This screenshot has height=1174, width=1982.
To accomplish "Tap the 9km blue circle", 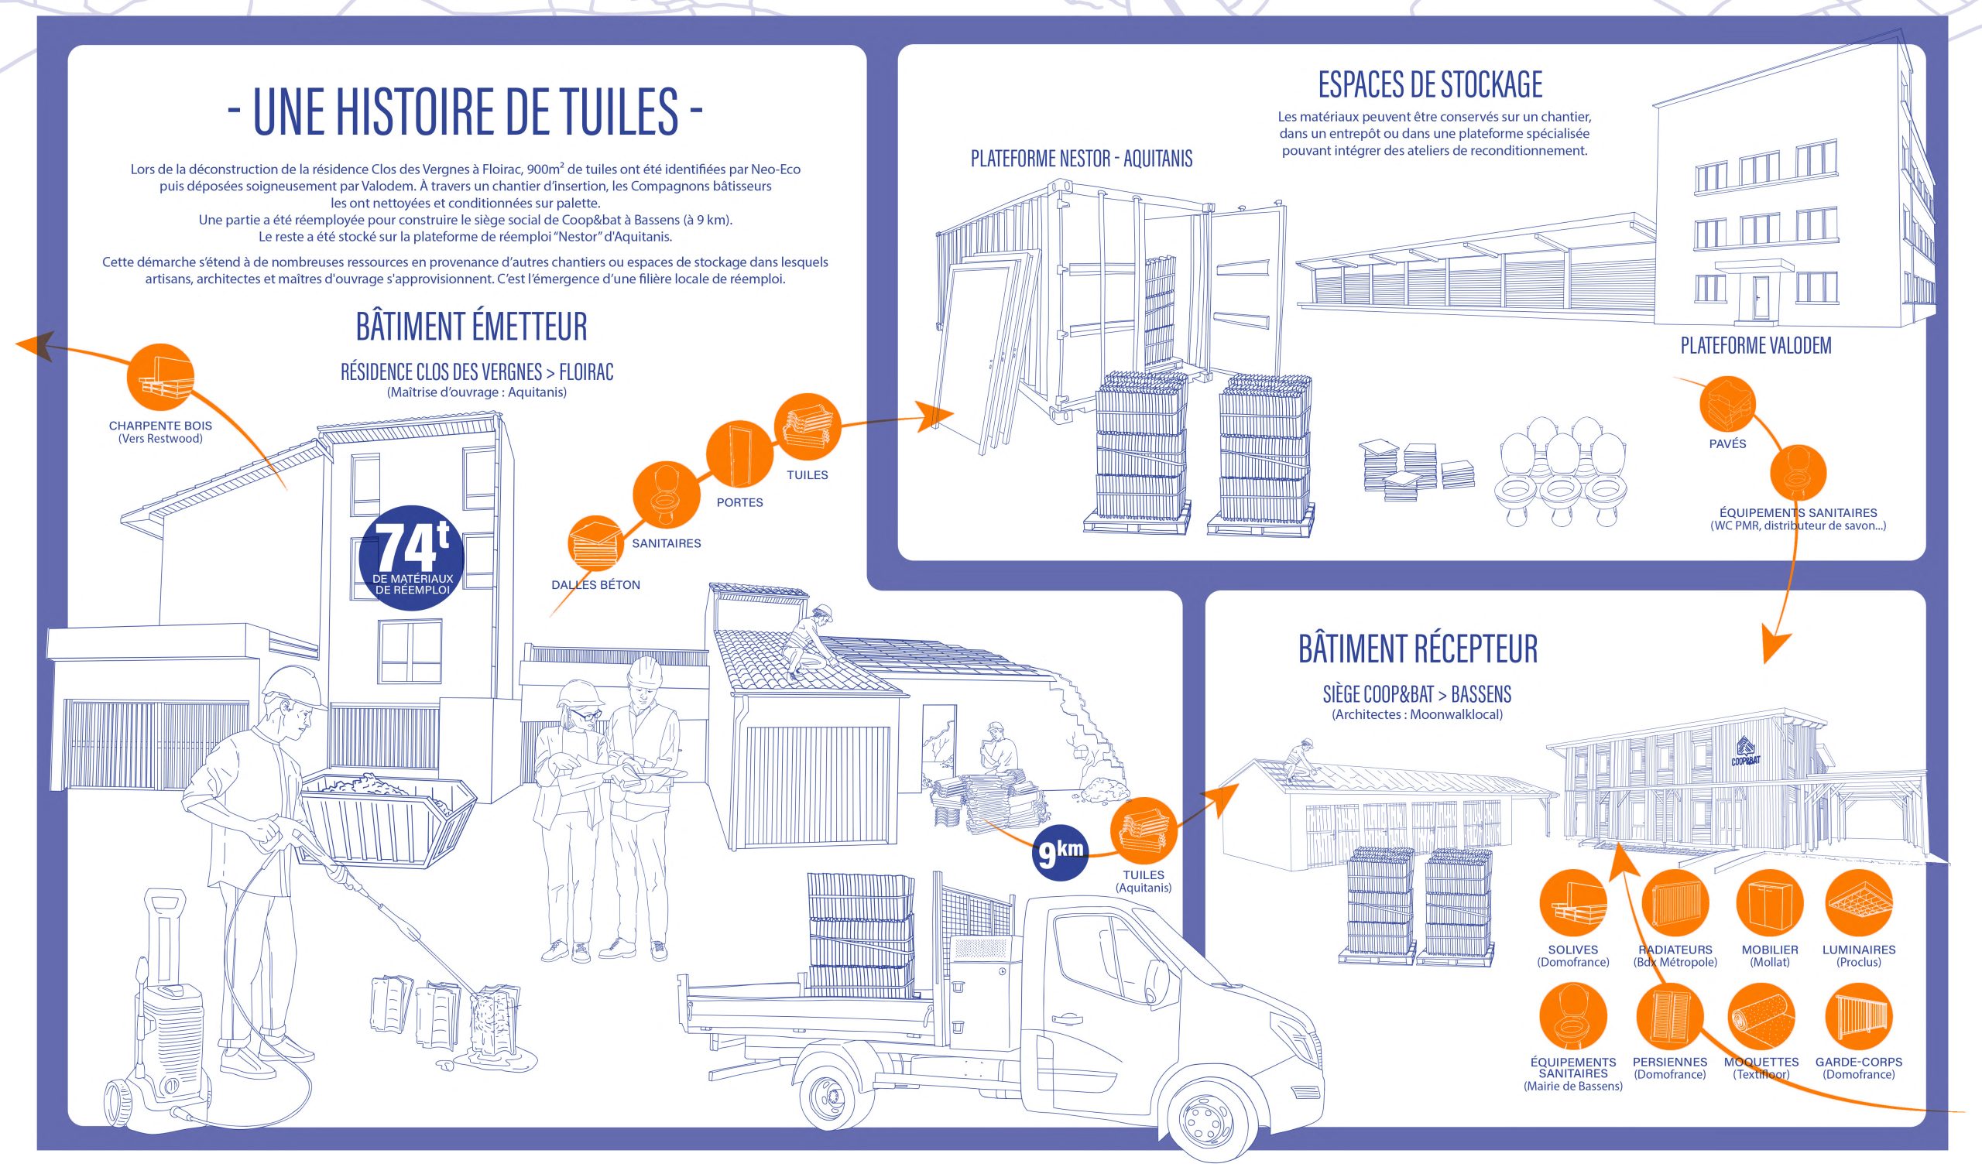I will [x=1060, y=854].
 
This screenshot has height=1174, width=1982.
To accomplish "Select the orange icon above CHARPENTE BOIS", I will [x=159, y=378].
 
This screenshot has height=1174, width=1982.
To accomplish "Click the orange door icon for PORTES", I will [x=740, y=455].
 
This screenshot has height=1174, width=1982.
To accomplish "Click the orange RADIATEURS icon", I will [x=1675, y=902].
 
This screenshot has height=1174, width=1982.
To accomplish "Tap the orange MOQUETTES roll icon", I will [x=1762, y=1017].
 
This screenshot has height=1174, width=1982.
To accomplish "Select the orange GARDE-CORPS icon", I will [x=1859, y=1017].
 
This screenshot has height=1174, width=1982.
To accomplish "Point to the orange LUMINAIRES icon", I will [x=1859, y=902].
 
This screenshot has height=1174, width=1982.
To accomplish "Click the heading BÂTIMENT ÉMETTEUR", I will [x=471, y=327].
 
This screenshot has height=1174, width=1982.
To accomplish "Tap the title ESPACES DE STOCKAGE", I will [x=1430, y=84].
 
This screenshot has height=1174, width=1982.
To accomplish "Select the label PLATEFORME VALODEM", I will [x=1755, y=346].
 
